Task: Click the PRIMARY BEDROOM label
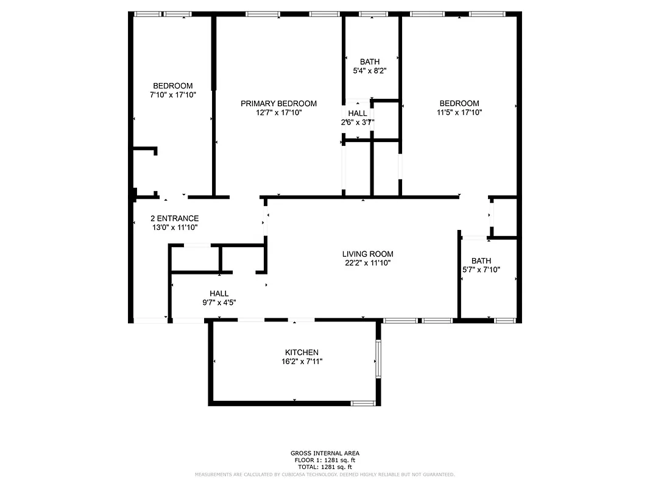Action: pos(278,104)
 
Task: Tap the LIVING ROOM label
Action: pos(367,254)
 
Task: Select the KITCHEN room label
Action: pos(302,353)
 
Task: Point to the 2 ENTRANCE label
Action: pos(174,218)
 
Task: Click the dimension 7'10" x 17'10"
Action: pos(173,95)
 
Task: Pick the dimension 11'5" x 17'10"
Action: pos(459,112)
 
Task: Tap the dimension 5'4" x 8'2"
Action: pos(370,71)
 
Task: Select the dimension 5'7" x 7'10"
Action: pos(481,270)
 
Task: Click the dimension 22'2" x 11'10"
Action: pos(367,264)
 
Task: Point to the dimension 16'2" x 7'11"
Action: pos(302,362)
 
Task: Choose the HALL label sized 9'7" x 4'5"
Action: pos(219,293)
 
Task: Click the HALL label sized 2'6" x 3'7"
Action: pos(358,113)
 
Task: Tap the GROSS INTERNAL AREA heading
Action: pos(325,453)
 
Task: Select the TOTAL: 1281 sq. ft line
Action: pos(325,467)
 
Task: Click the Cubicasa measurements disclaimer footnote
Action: pos(325,474)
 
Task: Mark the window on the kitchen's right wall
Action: pos(378,360)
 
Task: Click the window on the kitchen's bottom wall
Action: pos(363,403)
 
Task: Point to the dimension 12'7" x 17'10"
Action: pos(278,113)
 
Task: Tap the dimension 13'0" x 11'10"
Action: pos(174,228)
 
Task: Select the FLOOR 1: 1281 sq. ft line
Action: pos(325,460)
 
